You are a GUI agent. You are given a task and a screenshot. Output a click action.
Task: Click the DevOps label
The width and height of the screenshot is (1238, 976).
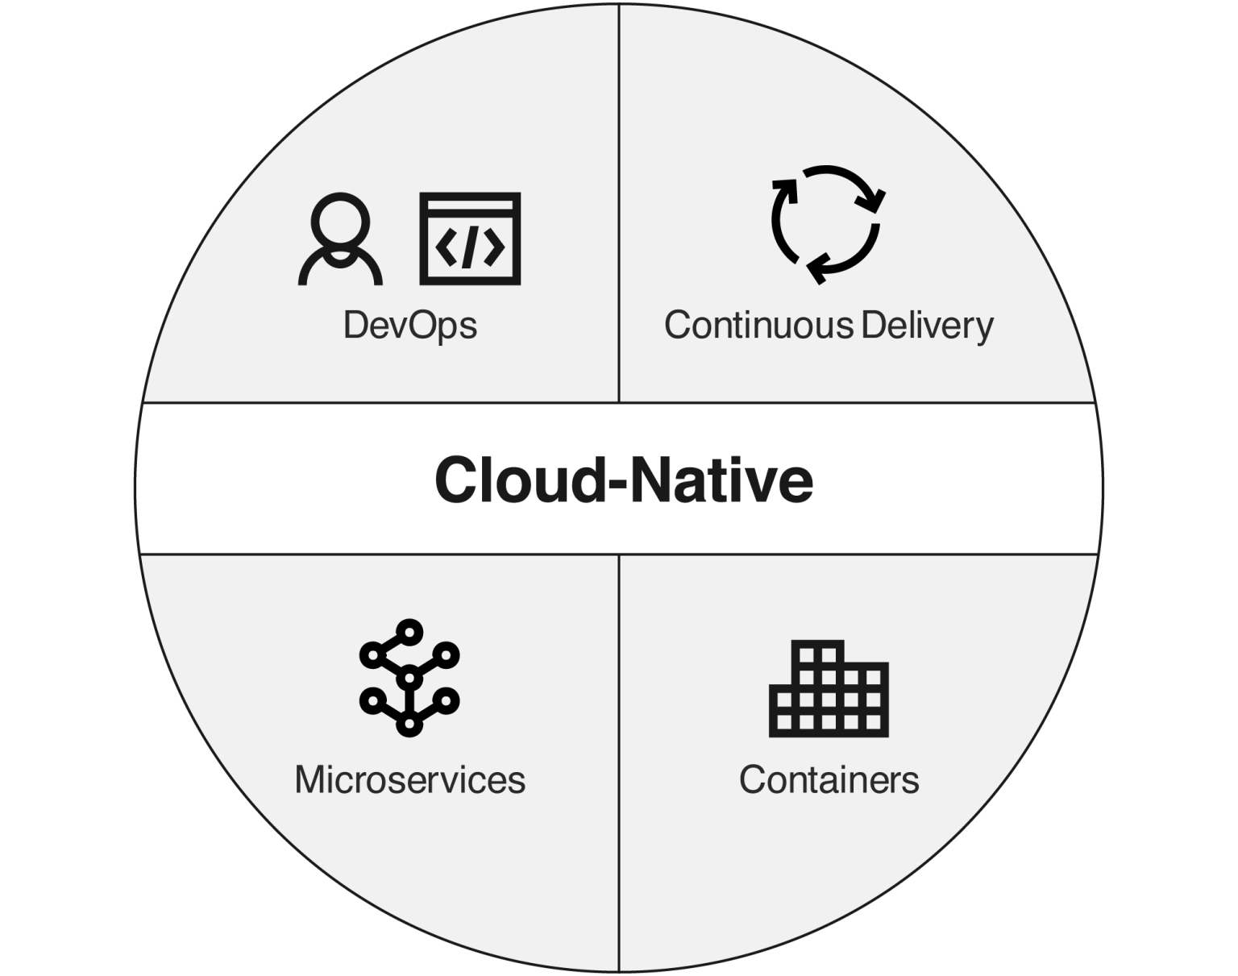[410, 326]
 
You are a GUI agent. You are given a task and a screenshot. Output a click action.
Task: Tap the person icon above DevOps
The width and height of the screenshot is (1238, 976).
[340, 239]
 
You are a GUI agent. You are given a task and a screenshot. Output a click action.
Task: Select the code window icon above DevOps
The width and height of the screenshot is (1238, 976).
[470, 239]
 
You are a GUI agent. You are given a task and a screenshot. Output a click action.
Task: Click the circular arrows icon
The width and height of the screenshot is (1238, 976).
[826, 225]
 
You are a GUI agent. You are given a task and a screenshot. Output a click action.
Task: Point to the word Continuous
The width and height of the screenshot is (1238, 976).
[758, 326]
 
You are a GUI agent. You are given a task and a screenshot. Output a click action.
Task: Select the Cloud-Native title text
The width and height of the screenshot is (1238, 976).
[623, 480]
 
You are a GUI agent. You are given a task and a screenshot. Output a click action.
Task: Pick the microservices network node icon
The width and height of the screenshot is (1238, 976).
[409, 678]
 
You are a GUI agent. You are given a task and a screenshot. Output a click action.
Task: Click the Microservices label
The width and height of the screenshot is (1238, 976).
[409, 780]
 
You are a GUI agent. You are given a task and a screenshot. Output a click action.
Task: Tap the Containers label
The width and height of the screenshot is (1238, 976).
[829, 780]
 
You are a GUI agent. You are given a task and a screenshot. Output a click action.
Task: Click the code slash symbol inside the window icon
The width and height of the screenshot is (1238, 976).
[470, 247]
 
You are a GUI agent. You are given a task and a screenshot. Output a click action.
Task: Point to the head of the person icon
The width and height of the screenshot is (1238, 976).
[340, 222]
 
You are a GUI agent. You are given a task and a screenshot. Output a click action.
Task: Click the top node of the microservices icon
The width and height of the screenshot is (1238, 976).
[410, 630]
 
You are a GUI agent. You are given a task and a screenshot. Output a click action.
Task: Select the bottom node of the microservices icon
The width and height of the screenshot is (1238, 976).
[409, 726]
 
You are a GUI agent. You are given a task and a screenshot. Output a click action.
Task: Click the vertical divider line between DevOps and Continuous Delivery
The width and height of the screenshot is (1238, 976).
[619, 201]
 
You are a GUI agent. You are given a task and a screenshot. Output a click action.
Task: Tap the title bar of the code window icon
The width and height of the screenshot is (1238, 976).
[470, 204]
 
